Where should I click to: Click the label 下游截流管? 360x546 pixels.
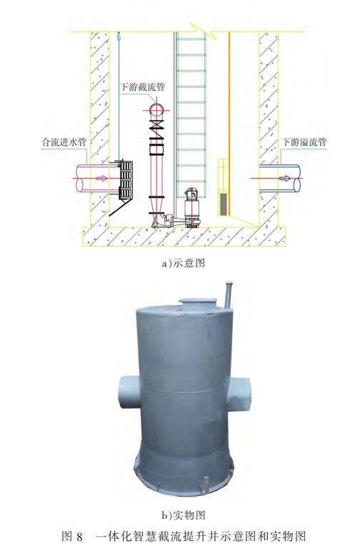(142, 86)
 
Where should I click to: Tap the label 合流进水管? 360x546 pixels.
(64, 142)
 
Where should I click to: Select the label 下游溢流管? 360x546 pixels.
(304, 142)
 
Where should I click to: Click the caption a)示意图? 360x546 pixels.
(183, 263)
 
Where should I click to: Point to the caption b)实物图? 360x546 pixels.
(183, 515)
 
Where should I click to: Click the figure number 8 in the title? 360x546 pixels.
(79, 537)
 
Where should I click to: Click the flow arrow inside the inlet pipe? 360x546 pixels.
(101, 178)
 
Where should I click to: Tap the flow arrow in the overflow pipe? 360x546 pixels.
(285, 178)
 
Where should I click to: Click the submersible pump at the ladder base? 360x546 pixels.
(191, 207)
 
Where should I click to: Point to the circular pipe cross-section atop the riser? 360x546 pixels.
(156, 110)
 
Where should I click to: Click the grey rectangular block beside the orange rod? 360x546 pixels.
(223, 204)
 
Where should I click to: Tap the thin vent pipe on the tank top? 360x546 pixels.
(229, 294)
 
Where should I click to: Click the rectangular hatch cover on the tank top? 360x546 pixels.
(198, 304)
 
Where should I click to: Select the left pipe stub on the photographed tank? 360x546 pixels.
(129, 392)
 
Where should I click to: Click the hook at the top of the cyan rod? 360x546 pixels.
(119, 36)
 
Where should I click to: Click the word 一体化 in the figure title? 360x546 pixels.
(112, 537)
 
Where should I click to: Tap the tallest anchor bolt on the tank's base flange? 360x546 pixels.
(206, 485)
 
